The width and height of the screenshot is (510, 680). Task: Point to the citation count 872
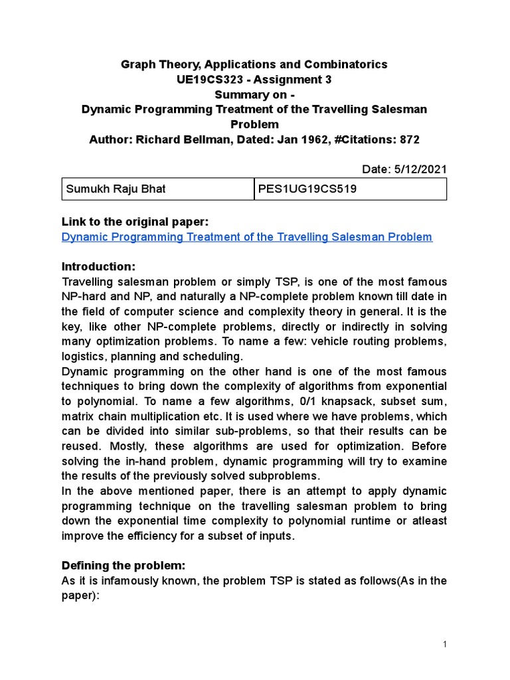tap(410, 139)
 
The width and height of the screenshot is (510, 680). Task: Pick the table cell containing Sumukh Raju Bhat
tap(157, 189)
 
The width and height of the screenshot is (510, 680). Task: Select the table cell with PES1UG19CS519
tap(351, 189)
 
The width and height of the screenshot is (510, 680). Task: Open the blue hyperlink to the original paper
tap(246, 236)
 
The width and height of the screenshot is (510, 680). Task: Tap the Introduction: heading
tap(98, 266)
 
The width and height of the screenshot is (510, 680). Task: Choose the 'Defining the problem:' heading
tap(124, 565)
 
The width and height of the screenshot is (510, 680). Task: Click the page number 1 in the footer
tap(446, 644)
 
